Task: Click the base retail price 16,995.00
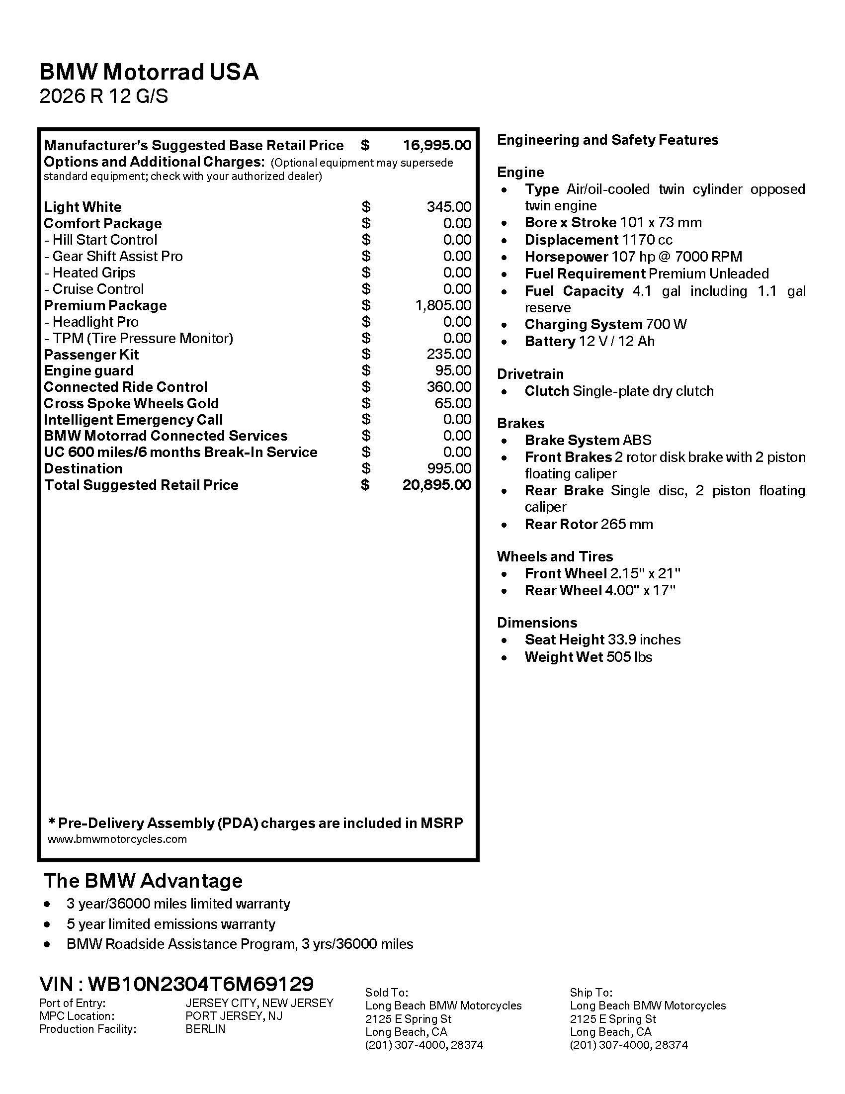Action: pos(436,145)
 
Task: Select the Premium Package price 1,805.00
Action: pos(442,305)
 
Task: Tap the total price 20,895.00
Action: pos(436,485)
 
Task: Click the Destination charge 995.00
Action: pos(448,468)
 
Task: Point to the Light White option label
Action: pos(83,207)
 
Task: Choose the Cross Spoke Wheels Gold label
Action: pos(131,403)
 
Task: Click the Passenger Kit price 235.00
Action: pos(448,354)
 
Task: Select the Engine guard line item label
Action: pos(88,370)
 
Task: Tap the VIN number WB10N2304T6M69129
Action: pos(201,984)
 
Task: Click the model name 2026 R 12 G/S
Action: pos(103,95)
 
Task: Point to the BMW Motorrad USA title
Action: pos(149,72)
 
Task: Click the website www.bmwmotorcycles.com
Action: pos(117,839)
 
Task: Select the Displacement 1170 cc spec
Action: pos(598,240)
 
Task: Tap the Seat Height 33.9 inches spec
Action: pos(602,639)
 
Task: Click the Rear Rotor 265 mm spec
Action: pos(589,525)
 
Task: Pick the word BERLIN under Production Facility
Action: pos(205,1029)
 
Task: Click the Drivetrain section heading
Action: pos(530,374)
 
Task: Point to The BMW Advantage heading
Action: pos(143,881)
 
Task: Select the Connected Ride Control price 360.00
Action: pos(448,387)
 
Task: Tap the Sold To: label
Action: pos(386,993)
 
